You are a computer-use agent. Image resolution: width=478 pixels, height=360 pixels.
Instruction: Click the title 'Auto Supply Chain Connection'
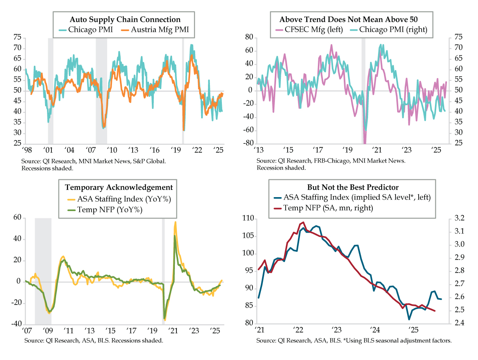[x=125, y=20]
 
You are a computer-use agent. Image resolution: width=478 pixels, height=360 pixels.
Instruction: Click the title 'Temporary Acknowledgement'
[x=119, y=187]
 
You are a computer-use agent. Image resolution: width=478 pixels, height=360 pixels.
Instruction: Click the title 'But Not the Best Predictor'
[x=353, y=187]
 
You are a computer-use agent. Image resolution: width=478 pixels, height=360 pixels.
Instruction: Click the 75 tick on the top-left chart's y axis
[x=17, y=37]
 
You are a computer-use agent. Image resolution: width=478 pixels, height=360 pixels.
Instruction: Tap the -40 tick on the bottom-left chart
[x=16, y=324]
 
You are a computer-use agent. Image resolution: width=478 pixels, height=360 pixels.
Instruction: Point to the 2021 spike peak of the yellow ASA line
[x=176, y=222]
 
